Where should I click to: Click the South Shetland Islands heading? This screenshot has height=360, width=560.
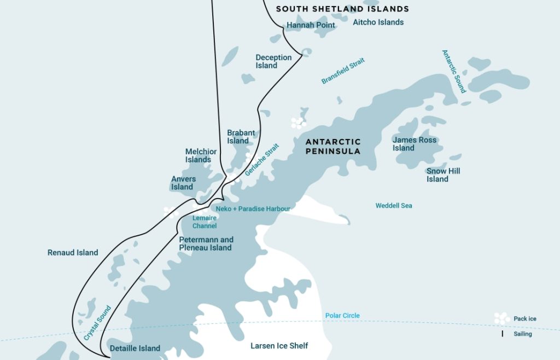pyautogui.click(x=342, y=9)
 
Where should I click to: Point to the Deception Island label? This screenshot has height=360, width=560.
pyautogui.click(x=273, y=61)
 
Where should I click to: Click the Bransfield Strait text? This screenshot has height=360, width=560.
pyautogui.click(x=343, y=71)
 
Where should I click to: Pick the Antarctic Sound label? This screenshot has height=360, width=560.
pyautogui.click(x=453, y=71)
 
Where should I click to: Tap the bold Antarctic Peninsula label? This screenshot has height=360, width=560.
pyautogui.click(x=333, y=146)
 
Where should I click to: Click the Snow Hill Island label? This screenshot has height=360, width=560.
pyautogui.click(x=443, y=175)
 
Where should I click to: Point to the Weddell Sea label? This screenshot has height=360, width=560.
pyautogui.click(x=394, y=206)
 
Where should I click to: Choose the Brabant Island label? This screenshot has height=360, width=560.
pyautogui.click(x=241, y=137)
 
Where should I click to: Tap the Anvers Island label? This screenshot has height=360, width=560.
pyautogui.click(x=183, y=183)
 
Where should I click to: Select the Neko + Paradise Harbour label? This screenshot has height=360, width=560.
pyautogui.click(x=253, y=208)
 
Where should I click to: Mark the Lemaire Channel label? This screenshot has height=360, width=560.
pyautogui.click(x=205, y=222)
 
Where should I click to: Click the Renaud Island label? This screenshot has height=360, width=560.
pyautogui.click(x=73, y=252)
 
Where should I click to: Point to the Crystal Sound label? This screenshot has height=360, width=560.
pyautogui.click(x=98, y=323)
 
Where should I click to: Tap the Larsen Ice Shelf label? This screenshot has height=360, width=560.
pyautogui.click(x=279, y=346)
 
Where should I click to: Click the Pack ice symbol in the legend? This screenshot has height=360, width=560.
pyautogui.click(x=501, y=318)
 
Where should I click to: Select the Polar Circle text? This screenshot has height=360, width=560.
pyautogui.click(x=342, y=316)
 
